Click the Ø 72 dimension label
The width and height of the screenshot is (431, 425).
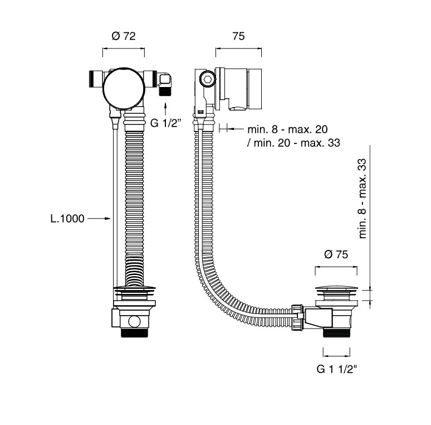[x=124, y=36]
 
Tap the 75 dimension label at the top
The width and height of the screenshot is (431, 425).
[x=238, y=36]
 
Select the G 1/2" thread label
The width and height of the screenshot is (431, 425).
[x=166, y=123]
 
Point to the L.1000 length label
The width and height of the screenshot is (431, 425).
[x=67, y=219]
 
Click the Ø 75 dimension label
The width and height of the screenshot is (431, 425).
[x=336, y=254]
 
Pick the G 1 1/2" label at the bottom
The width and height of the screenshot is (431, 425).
[x=336, y=369]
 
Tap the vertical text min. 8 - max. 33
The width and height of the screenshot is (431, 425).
[x=363, y=199]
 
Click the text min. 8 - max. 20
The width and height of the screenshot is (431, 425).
[x=287, y=129]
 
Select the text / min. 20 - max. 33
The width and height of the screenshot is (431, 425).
[x=293, y=143]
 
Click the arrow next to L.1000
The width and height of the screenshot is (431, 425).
[x=99, y=219]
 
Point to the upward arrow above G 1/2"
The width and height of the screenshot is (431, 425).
[x=165, y=109]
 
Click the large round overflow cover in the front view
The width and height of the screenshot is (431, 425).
[x=124, y=88]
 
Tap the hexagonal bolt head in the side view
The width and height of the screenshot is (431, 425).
[x=207, y=79]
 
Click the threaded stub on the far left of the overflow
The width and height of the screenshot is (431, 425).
[x=92, y=79]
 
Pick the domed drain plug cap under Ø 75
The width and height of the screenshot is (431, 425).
[x=336, y=289]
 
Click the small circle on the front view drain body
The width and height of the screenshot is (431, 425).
[x=134, y=321]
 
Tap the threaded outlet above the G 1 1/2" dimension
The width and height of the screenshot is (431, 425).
[x=336, y=332]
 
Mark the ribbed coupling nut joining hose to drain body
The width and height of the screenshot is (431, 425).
[x=297, y=317]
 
